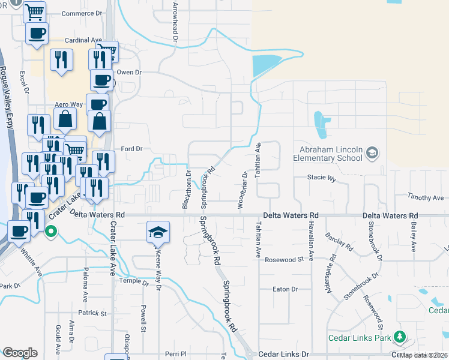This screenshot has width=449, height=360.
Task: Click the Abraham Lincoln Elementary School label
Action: (327, 154)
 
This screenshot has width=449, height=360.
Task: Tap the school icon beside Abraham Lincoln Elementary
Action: (372, 153)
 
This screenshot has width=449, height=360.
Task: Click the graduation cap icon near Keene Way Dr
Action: (158, 232)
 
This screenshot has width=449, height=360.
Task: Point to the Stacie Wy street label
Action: (321, 178)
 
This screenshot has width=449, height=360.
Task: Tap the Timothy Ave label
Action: (425, 197)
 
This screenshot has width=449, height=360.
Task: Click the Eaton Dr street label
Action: (285, 289)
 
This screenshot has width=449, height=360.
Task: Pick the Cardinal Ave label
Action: (82, 41)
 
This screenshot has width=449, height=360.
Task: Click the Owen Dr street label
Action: (128, 73)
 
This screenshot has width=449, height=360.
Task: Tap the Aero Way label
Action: (68, 104)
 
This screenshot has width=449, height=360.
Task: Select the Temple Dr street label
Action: (133, 281)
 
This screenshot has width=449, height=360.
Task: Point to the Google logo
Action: (20, 353)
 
